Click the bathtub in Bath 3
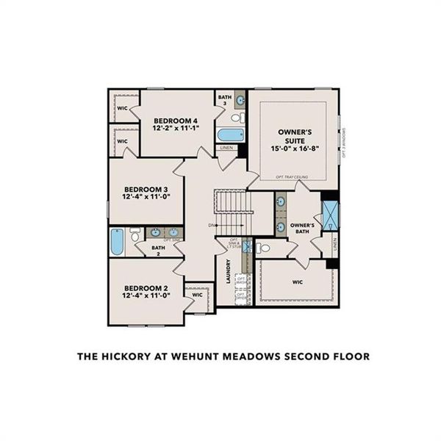tap(230, 135)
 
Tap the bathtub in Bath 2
tap(117, 242)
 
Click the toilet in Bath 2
tap(135, 234)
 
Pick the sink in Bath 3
tap(240, 100)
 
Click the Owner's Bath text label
tap(303, 229)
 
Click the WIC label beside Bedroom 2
tap(197, 295)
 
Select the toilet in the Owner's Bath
tap(262, 248)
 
